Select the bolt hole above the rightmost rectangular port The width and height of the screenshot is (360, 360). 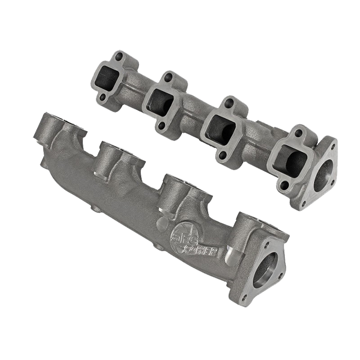[x=299, y=133]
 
